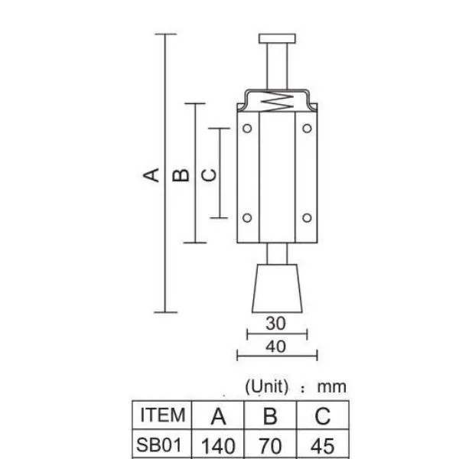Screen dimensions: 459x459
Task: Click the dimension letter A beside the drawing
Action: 151,174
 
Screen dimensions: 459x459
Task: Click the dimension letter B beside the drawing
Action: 181,174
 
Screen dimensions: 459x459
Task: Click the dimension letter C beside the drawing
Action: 210,174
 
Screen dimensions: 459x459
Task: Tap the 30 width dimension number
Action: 275,324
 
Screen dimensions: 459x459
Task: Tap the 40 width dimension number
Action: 275,347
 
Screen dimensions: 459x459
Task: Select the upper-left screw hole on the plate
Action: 247,129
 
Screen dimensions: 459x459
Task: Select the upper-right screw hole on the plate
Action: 307,129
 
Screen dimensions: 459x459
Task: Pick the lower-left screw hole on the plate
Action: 247,218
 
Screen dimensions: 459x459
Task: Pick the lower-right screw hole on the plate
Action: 307,218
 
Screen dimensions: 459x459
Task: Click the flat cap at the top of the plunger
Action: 277,39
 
